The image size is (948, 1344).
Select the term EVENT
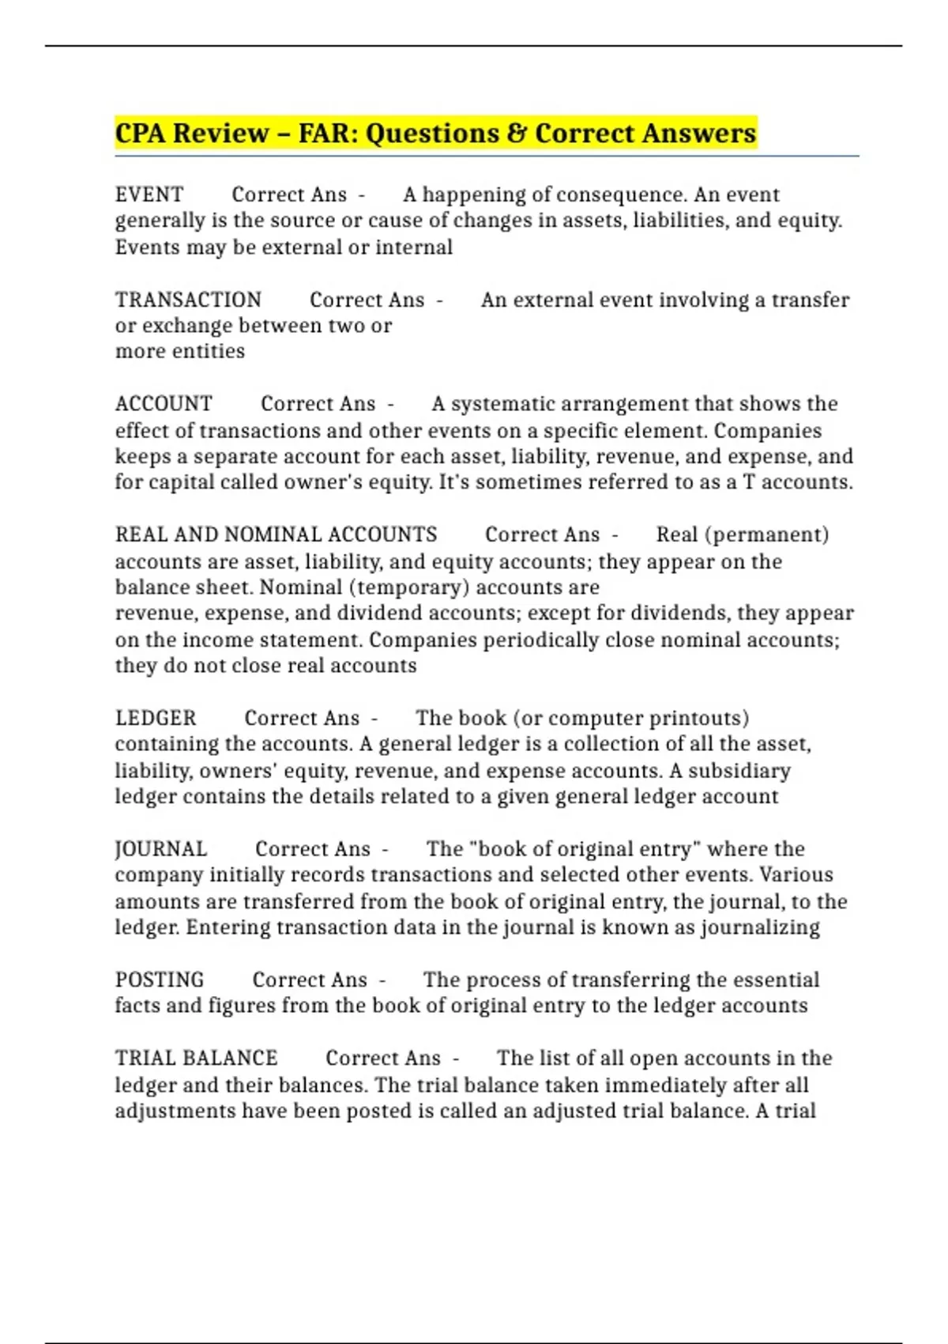(x=149, y=194)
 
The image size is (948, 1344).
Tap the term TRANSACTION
(x=188, y=300)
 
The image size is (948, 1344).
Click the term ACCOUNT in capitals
(x=164, y=404)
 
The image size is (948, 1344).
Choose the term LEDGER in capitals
(x=156, y=718)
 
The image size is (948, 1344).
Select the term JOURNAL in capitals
(x=161, y=849)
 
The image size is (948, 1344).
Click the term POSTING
(x=160, y=980)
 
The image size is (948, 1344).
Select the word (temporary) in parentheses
(x=408, y=587)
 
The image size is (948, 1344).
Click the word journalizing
(x=760, y=927)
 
